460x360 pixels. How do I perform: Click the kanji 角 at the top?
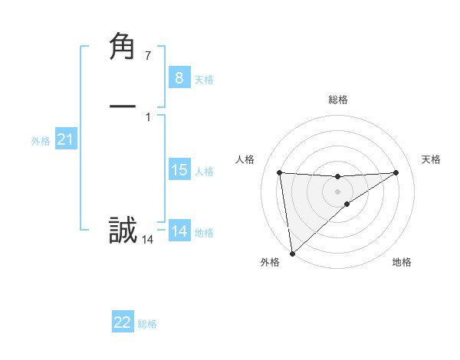click(123, 47)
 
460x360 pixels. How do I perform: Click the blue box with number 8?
click(179, 77)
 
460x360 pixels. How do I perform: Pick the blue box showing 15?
click(179, 170)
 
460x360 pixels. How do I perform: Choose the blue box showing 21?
click(65, 139)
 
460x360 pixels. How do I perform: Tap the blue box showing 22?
click(123, 322)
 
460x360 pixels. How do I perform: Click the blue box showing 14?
click(179, 231)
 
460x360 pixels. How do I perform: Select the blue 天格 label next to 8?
click(204, 80)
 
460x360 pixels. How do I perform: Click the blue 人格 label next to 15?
click(204, 172)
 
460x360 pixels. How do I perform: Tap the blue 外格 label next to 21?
click(41, 141)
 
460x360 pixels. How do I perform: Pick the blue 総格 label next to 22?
click(147, 324)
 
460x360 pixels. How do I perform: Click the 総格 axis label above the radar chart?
click(337, 100)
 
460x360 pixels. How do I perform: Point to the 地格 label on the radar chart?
click(402, 262)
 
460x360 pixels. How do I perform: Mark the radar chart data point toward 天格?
click(396, 172)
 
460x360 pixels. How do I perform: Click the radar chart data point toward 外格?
click(292, 253)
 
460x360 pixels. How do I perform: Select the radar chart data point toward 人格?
click(280, 172)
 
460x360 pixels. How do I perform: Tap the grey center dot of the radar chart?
click(337, 191)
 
